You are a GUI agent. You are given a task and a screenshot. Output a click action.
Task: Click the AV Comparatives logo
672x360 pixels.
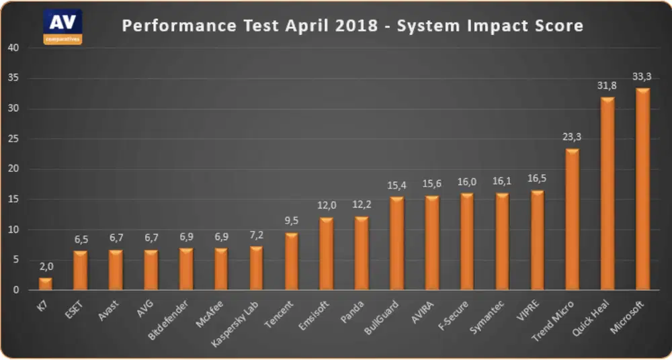coord(62,26)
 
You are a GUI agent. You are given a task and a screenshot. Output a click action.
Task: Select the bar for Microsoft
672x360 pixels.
coord(642,189)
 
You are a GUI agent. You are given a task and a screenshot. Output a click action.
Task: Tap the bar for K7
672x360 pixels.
coord(45,284)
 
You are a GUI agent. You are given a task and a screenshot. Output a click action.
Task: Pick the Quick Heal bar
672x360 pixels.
coord(607,194)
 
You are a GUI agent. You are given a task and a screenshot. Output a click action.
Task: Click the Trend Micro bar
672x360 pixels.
coord(572,220)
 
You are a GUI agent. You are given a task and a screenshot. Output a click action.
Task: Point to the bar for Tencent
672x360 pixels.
coord(291,261)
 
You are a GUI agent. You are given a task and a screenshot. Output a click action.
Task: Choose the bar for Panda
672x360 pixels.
coord(362,253)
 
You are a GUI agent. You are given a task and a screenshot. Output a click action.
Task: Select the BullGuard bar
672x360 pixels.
coord(396,244)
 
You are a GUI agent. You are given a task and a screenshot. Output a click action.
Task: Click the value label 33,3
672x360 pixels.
coord(642,77)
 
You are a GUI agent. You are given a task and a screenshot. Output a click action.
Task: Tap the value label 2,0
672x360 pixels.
coord(45,267)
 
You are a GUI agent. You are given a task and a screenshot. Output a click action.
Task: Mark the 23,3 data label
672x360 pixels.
coord(572,138)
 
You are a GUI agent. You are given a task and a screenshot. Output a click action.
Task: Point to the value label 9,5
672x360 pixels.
coord(291,222)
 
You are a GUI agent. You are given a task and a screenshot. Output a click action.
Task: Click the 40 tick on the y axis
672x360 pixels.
coord(13,48)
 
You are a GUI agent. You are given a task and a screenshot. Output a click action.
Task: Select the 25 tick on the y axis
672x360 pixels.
coord(13,139)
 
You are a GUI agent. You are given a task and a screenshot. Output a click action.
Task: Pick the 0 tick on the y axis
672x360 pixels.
coord(16,290)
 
